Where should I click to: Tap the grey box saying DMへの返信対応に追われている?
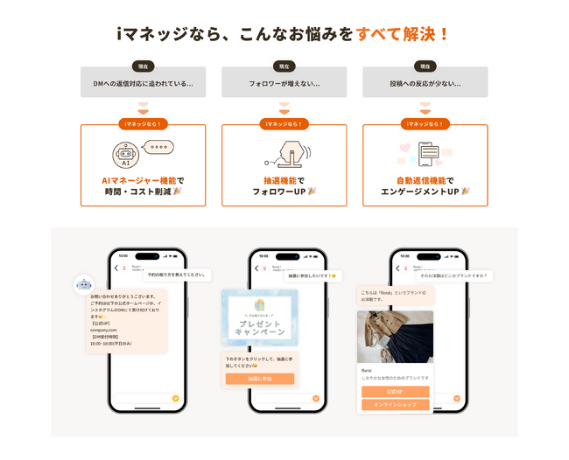point(143,83)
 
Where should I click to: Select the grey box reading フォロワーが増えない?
point(284,83)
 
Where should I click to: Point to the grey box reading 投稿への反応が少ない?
point(425,83)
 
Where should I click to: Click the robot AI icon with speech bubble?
point(141,152)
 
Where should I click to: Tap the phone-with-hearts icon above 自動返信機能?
point(425,153)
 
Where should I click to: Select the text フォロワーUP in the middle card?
point(284,192)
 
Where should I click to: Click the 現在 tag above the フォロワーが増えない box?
point(284,66)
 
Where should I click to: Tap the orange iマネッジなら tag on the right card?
point(425,124)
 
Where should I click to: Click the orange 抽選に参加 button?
point(259,379)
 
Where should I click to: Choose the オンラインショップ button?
point(395,405)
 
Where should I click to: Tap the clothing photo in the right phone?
point(395,337)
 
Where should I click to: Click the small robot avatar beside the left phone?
point(84,283)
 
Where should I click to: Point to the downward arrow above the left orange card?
point(143,108)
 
